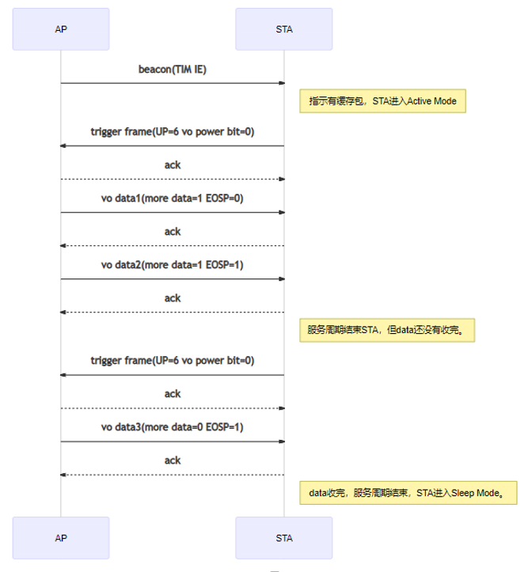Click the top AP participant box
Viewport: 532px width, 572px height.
[61, 29]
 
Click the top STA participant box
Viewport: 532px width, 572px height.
[283, 29]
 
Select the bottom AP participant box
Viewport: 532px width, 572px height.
[61, 538]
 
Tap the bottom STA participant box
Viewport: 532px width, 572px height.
[283, 538]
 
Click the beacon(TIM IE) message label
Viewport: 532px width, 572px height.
[172, 69]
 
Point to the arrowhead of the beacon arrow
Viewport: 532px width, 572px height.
[281, 82]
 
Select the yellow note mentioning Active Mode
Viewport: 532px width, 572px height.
[382, 101]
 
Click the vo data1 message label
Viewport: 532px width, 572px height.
[172, 199]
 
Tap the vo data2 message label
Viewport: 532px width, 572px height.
[172, 265]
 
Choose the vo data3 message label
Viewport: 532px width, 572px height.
[172, 427]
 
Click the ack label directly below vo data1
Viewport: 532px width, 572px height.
[172, 232]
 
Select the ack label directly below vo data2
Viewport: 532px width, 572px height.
[172, 298]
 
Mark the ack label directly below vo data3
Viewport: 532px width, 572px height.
[172, 460]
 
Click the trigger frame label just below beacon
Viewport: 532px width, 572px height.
[172, 131]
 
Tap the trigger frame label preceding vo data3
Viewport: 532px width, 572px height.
[172, 361]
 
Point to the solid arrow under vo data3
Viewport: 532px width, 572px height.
[172, 441]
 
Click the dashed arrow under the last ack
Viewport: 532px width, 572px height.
[172, 475]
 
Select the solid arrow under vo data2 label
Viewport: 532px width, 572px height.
[172, 279]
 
